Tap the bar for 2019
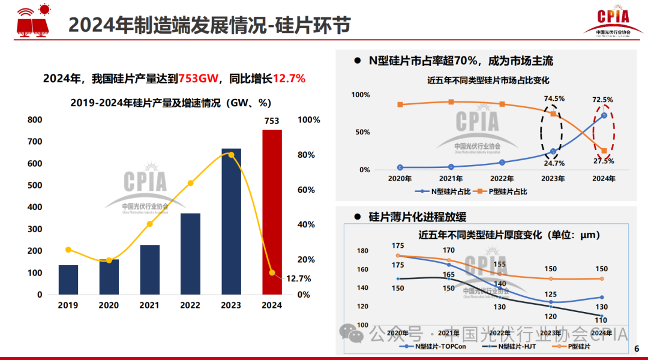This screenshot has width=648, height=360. (68, 280)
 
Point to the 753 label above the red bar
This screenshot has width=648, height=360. (272, 121)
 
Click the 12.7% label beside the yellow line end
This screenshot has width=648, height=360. (298, 278)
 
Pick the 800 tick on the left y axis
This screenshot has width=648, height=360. (35, 120)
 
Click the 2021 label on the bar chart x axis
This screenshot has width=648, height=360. (149, 305)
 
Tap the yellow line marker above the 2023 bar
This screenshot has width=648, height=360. (231, 155)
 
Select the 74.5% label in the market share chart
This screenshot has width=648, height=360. (554, 98)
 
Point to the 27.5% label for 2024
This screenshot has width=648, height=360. (604, 161)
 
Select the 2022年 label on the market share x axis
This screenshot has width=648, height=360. (502, 179)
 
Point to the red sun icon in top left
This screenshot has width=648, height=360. (43, 8)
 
